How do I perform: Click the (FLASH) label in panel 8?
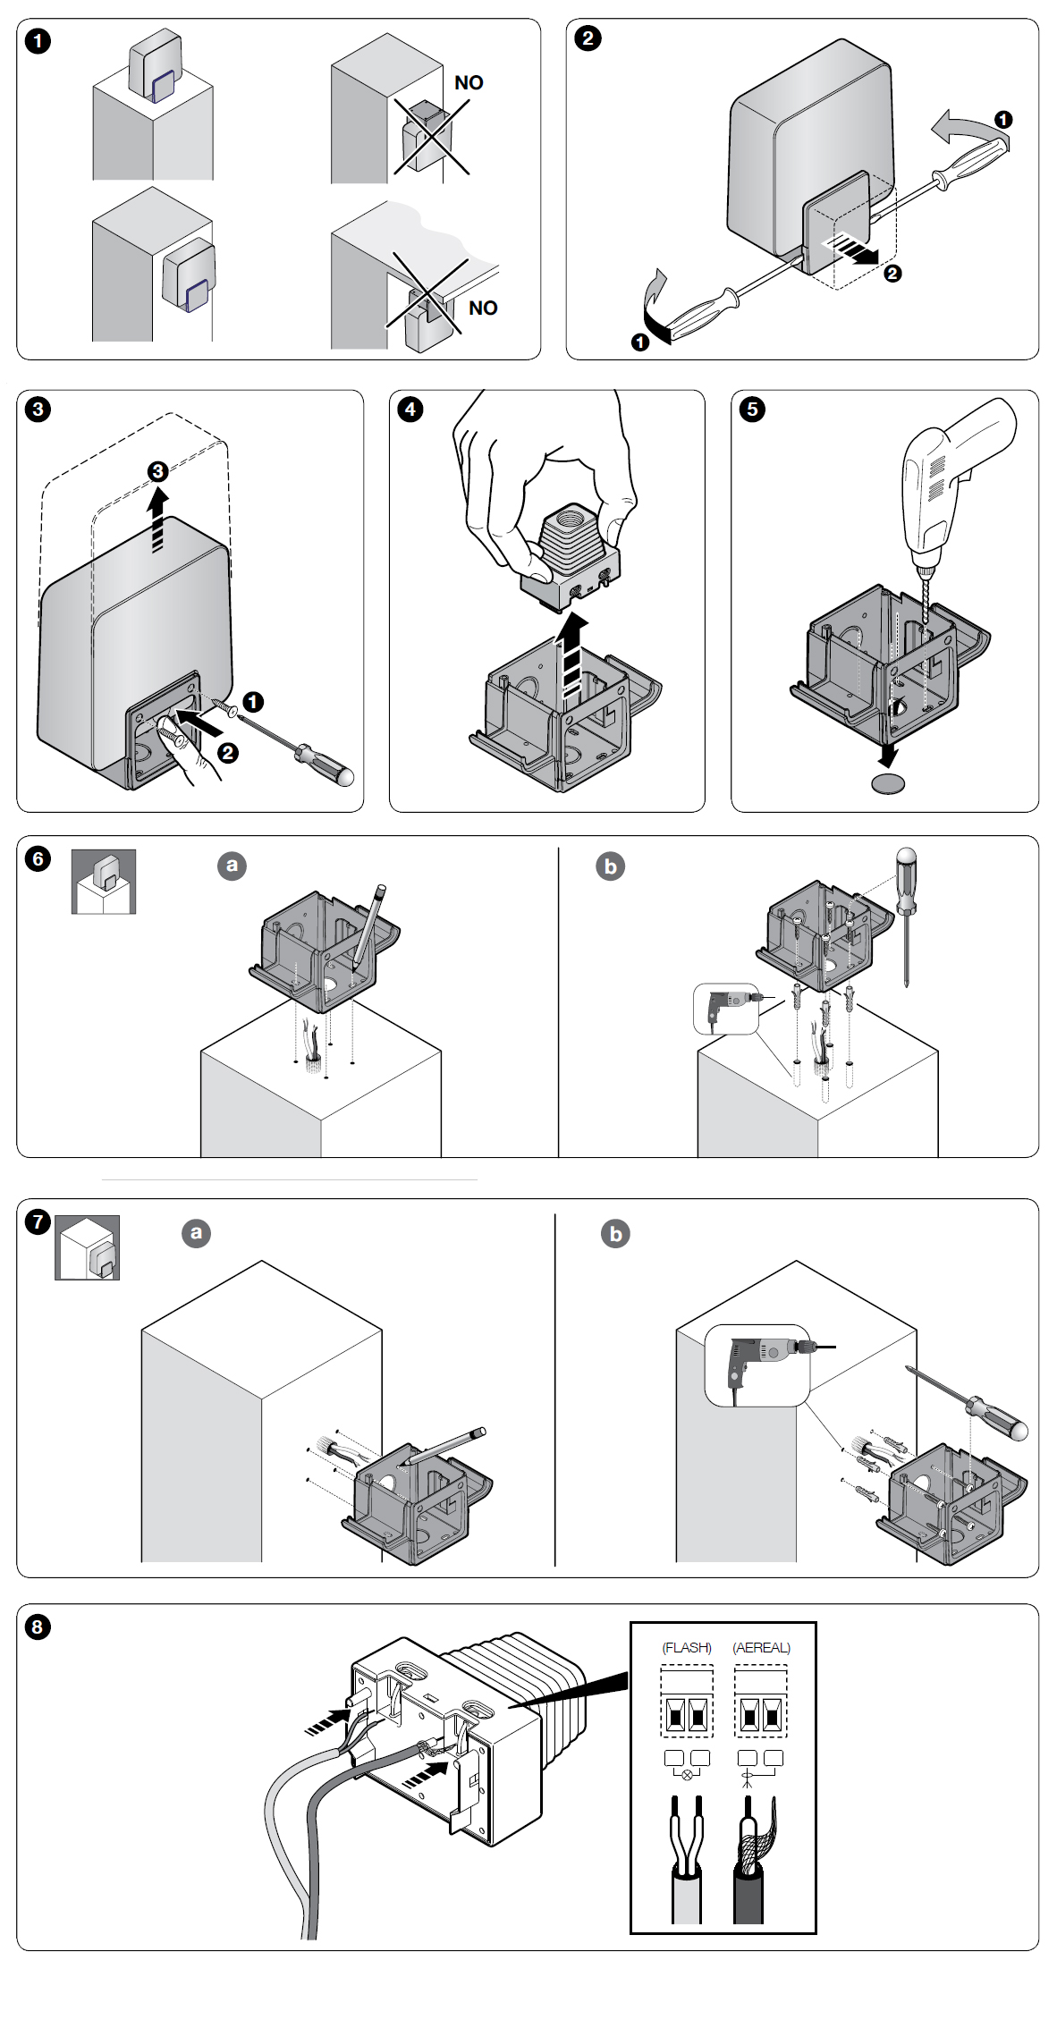(x=687, y=1647)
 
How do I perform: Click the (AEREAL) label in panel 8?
(x=762, y=1647)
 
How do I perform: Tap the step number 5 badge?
(x=752, y=410)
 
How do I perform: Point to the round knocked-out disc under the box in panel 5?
(x=888, y=784)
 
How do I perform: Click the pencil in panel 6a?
(x=368, y=926)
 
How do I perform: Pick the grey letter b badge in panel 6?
(x=611, y=866)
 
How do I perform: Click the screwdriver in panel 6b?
(x=907, y=917)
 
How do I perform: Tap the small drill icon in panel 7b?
(x=757, y=1365)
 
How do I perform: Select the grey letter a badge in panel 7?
(x=197, y=1233)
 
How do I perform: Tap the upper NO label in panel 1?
(x=469, y=83)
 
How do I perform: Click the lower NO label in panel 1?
(x=483, y=308)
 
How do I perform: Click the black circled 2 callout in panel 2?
(x=892, y=274)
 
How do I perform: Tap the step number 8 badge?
(x=38, y=1627)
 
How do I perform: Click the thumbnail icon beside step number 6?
(x=104, y=882)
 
